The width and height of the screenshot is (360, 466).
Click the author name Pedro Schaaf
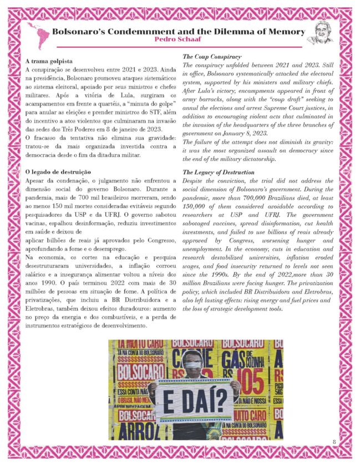coord(179,40)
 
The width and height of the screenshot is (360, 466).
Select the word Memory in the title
coord(281,31)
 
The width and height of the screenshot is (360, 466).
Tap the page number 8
coord(334,441)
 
